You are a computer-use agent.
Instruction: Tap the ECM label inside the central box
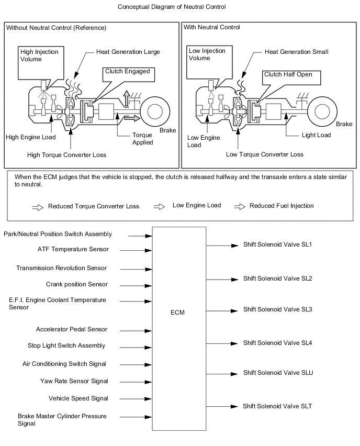click(177, 313)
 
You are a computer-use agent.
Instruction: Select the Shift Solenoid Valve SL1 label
click(277, 244)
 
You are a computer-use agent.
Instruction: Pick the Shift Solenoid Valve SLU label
click(277, 373)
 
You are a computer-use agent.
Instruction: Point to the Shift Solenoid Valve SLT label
click(277, 406)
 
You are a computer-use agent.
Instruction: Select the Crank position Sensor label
click(77, 284)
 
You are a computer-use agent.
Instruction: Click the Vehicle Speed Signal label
click(78, 398)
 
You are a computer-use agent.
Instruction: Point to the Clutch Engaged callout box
click(127, 72)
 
